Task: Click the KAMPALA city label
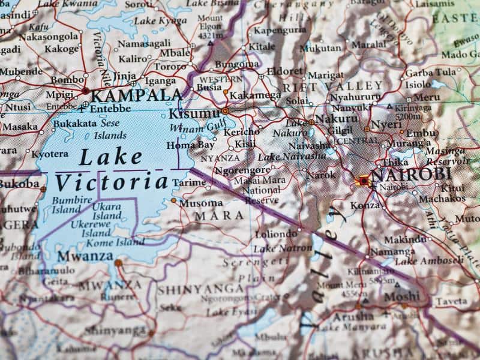click(x=136, y=95)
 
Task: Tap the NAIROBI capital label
click(x=411, y=175)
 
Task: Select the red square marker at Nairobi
click(x=363, y=180)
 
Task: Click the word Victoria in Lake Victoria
click(x=111, y=182)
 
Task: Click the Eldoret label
click(x=284, y=71)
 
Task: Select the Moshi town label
click(x=402, y=296)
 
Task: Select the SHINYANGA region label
click(x=201, y=289)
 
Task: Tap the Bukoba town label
click(x=19, y=184)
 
